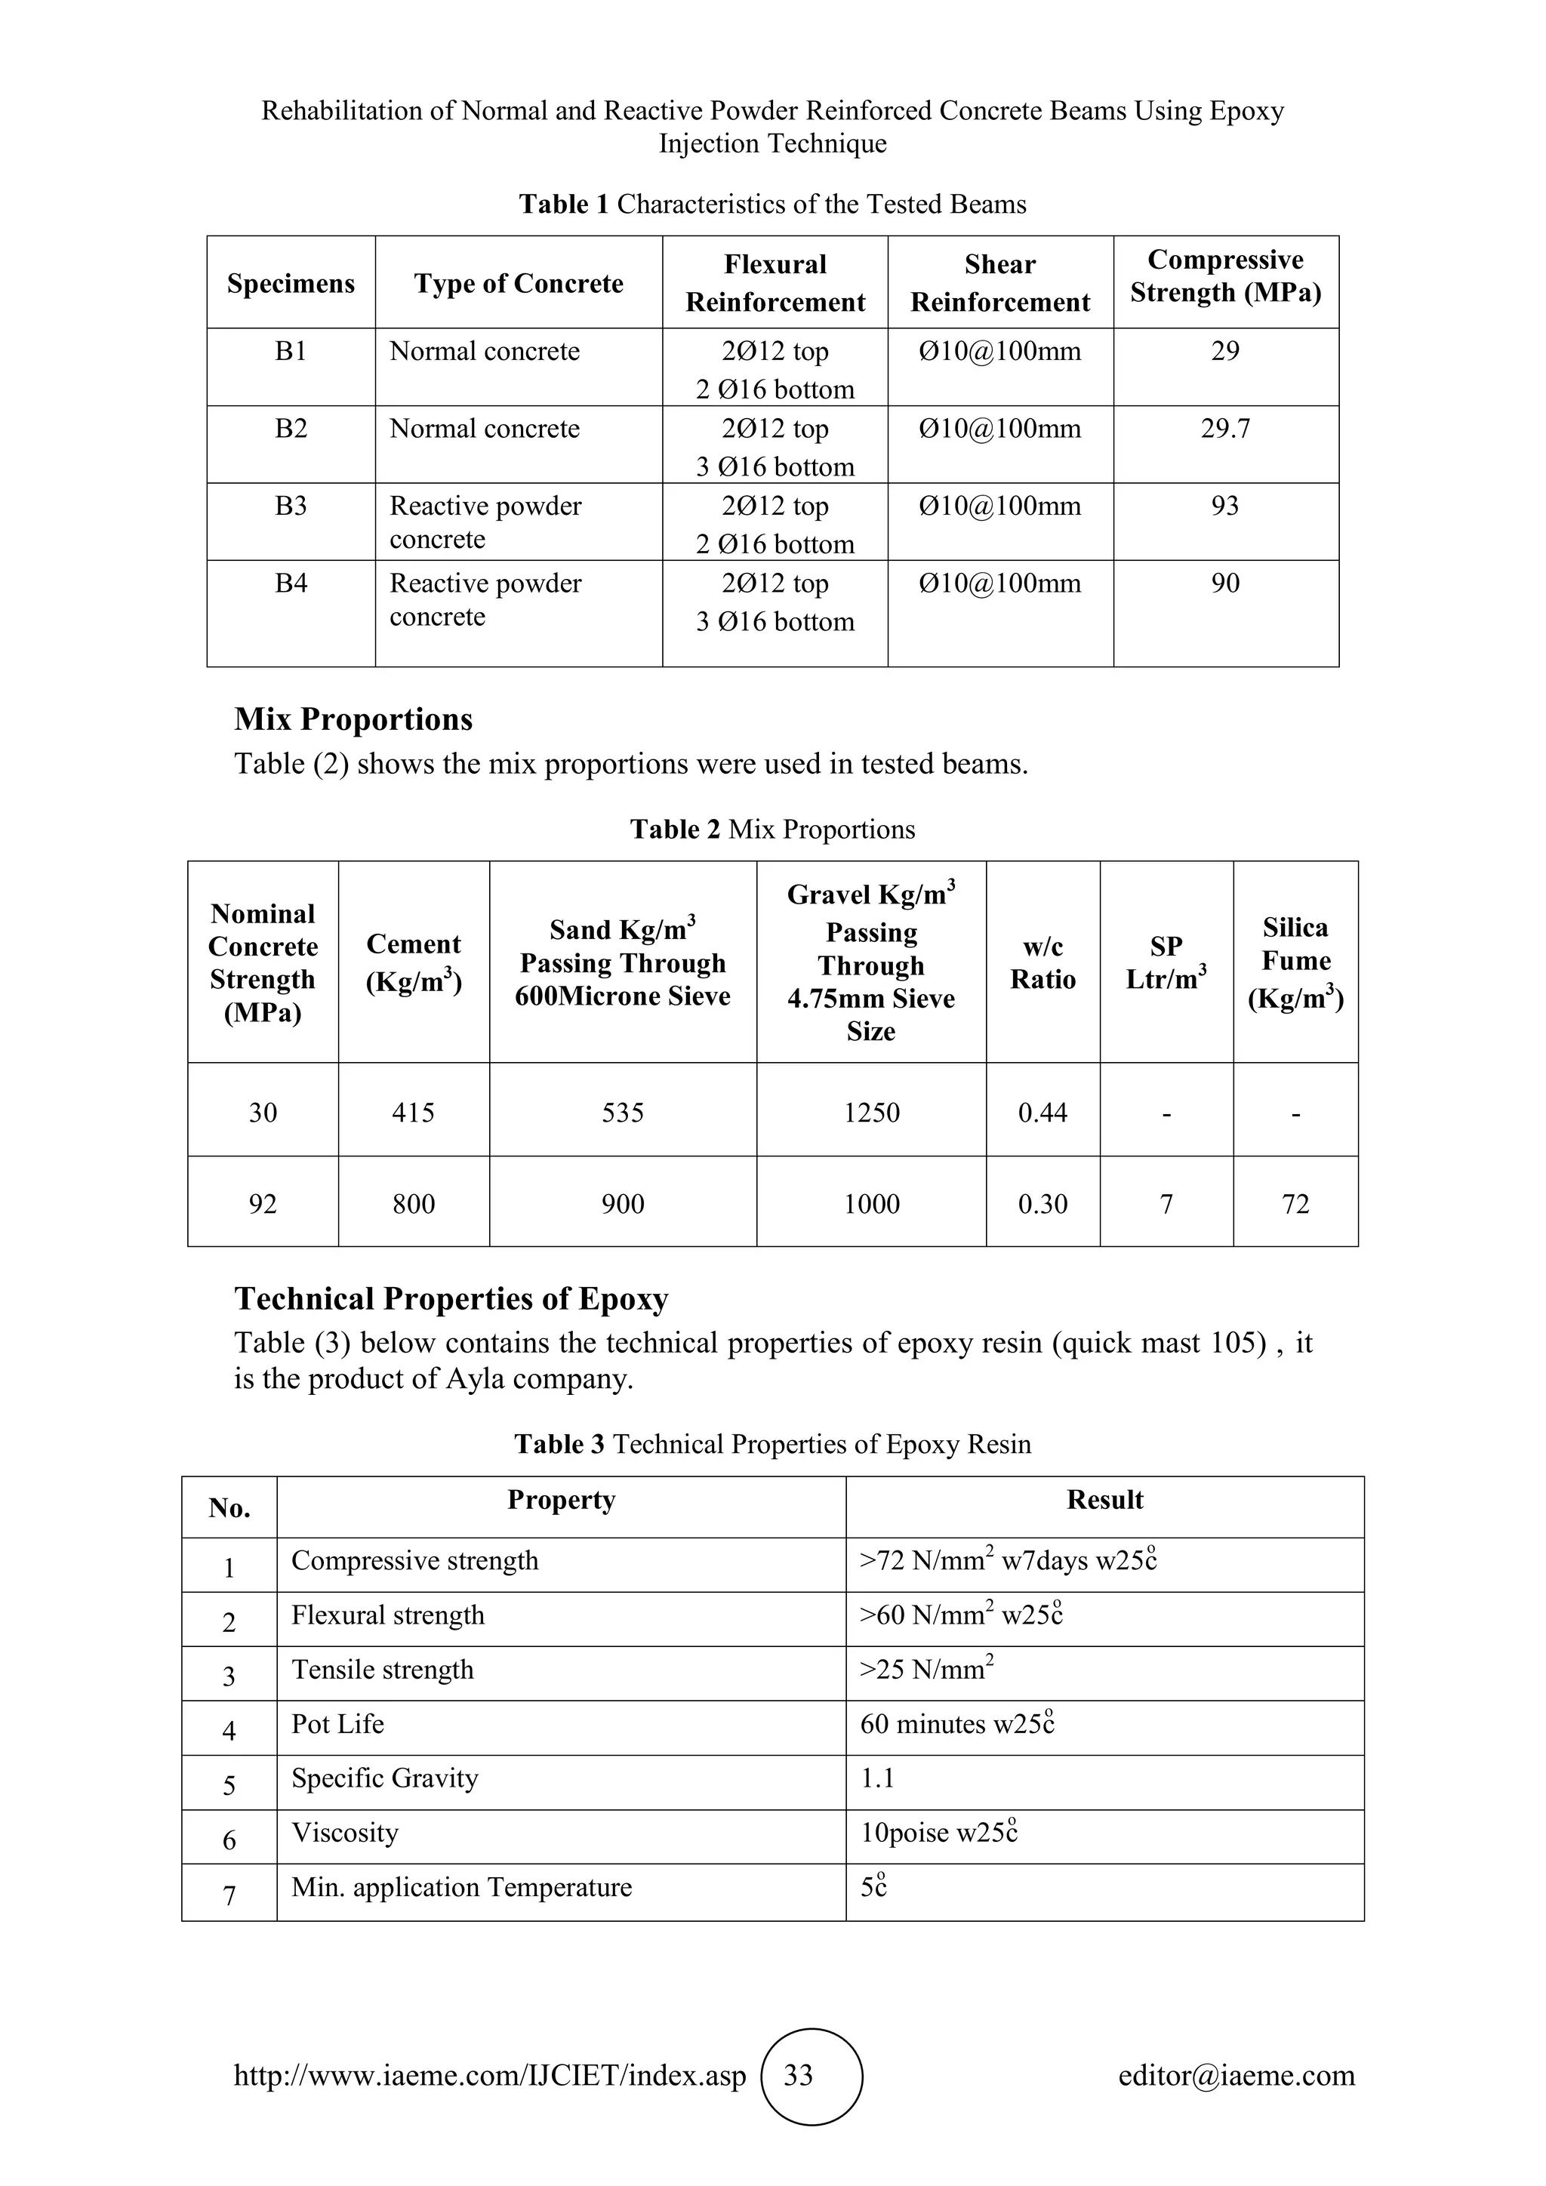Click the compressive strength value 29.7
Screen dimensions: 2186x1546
pyautogui.click(x=1224, y=429)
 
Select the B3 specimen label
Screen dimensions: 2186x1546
pyautogui.click(x=291, y=506)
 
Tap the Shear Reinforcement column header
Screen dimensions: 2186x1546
pyautogui.click(x=999, y=283)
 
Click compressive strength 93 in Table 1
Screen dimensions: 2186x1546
pyautogui.click(x=1224, y=506)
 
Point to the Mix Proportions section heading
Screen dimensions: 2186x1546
pyautogui.click(x=353, y=720)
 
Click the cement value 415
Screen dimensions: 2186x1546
pyautogui.click(x=413, y=1112)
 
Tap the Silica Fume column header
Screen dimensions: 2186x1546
pyautogui.click(x=1295, y=962)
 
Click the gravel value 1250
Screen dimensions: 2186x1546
pyautogui.click(x=871, y=1112)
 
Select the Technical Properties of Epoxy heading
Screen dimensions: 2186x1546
pyautogui.click(x=451, y=1300)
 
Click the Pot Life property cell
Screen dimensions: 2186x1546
pyautogui.click(x=338, y=1724)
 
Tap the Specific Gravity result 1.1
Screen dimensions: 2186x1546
pyautogui.click(x=876, y=1778)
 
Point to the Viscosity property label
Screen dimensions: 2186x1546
pyautogui.click(x=345, y=1833)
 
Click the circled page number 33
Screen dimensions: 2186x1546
pyautogui.click(x=798, y=2076)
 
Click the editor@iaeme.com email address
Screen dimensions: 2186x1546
pyautogui.click(x=1236, y=2076)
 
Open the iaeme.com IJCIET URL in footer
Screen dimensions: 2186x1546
pyautogui.click(x=489, y=2076)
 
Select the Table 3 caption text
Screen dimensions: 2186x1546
pyautogui.click(x=772, y=1444)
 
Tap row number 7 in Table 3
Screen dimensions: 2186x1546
pyautogui.click(x=229, y=1895)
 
